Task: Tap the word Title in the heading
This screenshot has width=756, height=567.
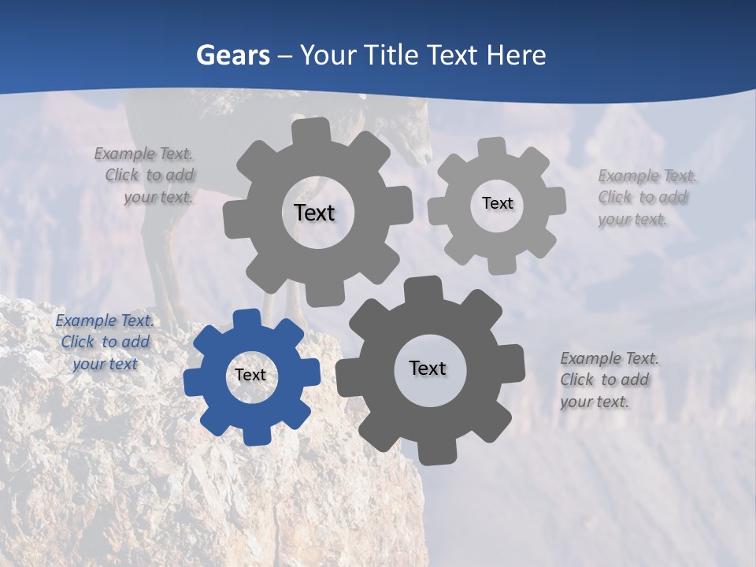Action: click(394, 56)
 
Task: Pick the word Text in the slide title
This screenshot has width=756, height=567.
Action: click(454, 56)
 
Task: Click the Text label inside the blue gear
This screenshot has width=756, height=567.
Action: click(250, 376)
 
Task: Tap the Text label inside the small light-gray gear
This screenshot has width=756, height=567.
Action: click(497, 203)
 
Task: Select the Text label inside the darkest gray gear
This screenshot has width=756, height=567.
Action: click(428, 369)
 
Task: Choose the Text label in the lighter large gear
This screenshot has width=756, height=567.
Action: click(314, 213)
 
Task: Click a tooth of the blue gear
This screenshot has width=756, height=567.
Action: click(246, 320)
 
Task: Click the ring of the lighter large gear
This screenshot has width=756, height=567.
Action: click(268, 252)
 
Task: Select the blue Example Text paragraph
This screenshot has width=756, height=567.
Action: click(105, 342)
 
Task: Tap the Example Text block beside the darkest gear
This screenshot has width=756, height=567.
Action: click(610, 380)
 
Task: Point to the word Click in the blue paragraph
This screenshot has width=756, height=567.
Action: click(78, 342)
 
